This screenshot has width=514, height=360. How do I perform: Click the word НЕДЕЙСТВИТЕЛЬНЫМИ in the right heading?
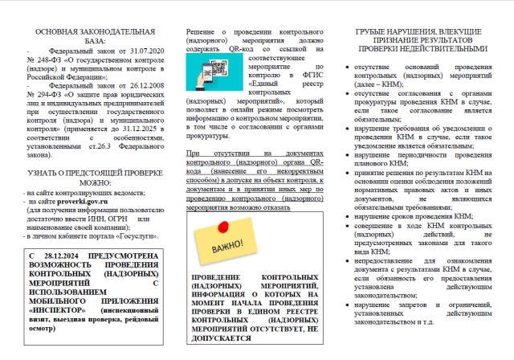pyautogui.click(x=426, y=48)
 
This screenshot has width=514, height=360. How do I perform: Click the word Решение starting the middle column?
pyautogui.click(x=204, y=31)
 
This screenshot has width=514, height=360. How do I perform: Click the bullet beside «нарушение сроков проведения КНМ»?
pyautogui.click(x=346, y=217)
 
